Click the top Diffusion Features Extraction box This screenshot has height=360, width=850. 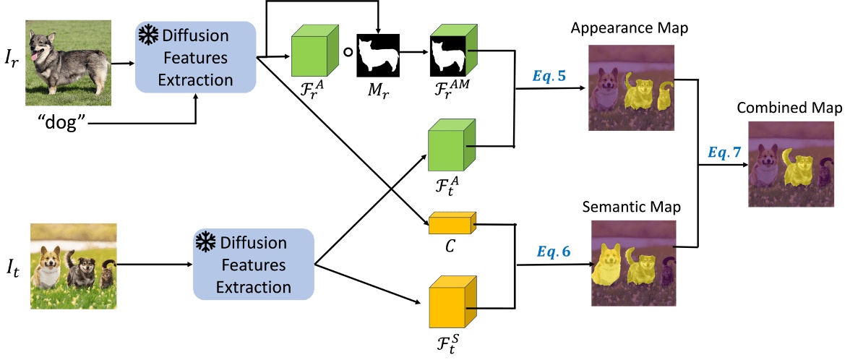196,57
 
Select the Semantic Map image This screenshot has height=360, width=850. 634,265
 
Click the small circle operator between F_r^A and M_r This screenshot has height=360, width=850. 346,53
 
